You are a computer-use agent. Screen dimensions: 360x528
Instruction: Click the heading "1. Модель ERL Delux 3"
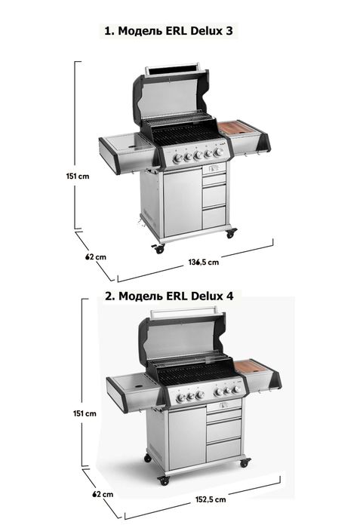point(168,31)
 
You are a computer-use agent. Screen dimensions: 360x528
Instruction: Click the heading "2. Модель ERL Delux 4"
point(169,296)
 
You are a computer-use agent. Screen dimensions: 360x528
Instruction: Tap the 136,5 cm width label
point(203,262)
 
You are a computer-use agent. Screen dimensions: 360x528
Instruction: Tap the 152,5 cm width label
point(211,499)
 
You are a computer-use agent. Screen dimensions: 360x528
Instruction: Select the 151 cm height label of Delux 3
point(78,176)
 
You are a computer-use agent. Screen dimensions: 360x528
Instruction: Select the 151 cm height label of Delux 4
point(85,413)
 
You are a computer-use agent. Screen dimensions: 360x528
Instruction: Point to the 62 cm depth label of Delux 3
point(96,257)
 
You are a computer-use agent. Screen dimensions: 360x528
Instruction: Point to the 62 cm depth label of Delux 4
point(103,494)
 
